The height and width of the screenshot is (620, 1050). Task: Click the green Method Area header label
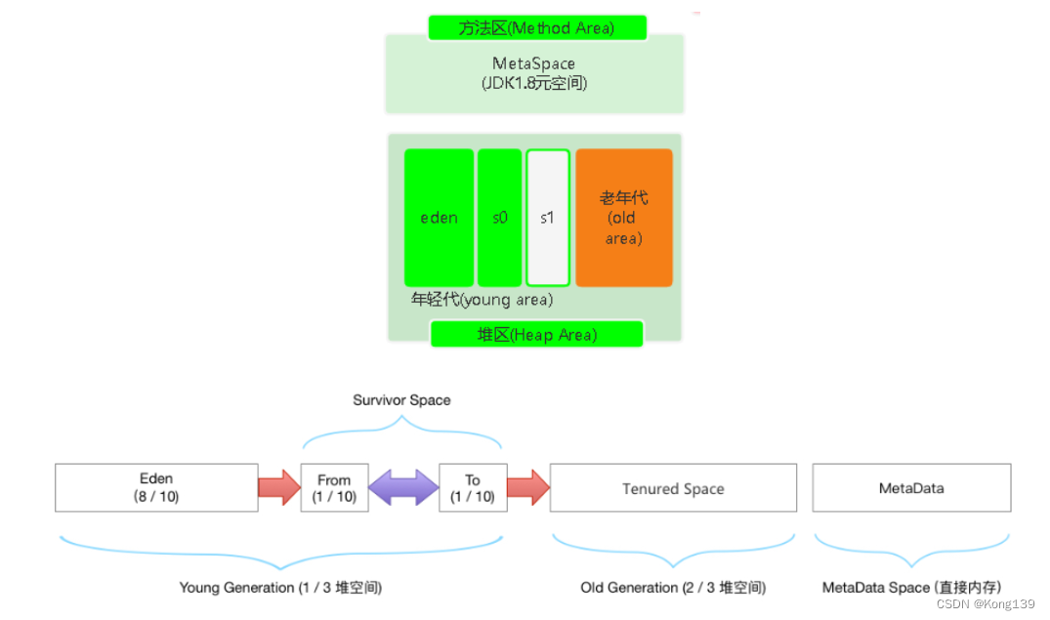[x=536, y=27]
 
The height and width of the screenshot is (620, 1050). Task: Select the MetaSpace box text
[x=533, y=73]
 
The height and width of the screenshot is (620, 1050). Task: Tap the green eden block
[x=439, y=218]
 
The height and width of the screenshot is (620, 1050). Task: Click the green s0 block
[x=499, y=218]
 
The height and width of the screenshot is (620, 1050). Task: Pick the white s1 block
[x=547, y=218]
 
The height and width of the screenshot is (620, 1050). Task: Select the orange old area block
[x=623, y=218]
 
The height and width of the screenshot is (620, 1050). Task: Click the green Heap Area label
[x=536, y=335]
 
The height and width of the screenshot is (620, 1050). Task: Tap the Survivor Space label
[x=401, y=400]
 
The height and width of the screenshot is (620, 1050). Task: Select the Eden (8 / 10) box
[x=156, y=487]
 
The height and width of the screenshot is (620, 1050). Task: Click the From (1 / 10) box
[x=334, y=487]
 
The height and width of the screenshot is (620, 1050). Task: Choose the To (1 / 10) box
[x=473, y=487]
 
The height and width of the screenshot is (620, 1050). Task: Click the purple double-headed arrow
[x=403, y=487]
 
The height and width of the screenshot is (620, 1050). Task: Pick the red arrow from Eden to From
[x=279, y=487]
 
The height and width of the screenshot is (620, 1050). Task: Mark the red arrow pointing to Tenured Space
[x=527, y=487]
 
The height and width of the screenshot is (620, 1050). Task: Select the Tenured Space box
[x=673, y=488]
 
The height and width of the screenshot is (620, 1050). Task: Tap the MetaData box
[x=911, y=487]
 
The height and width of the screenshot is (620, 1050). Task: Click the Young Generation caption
[x=280, y=588]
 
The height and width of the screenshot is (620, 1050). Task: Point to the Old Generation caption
[x=673, y=588]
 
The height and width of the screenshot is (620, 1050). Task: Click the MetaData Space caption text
[x=911, y=588]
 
